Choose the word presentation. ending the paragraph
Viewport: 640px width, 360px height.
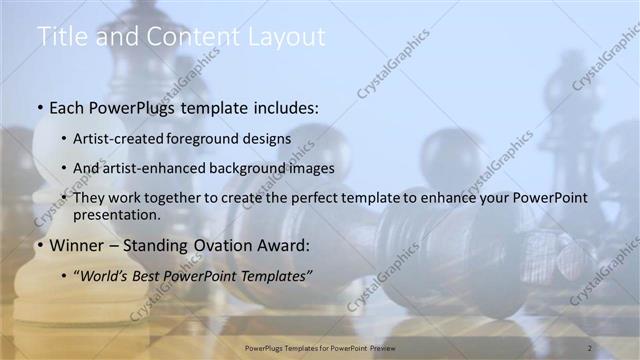click(117, 214)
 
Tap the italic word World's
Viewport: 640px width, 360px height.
click(107, 274)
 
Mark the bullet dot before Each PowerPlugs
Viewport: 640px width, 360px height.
click(38, 106)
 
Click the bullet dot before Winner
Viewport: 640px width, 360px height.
click(38, 244)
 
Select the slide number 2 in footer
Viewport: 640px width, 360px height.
click(589, 347)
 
